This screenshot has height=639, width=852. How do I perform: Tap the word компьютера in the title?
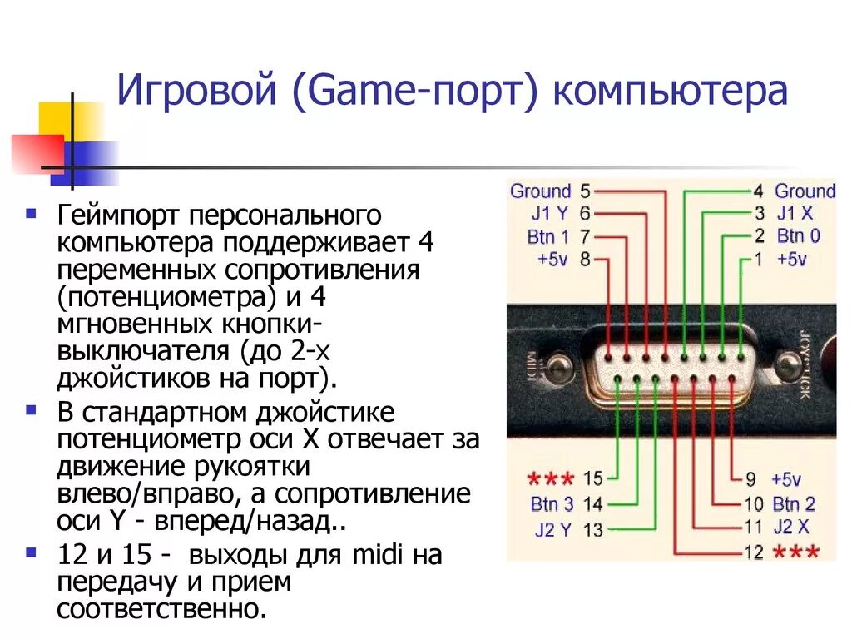[668, 92]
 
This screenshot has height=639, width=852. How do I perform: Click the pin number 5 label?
[586, 191]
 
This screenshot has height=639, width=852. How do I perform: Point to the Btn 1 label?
[548, 236]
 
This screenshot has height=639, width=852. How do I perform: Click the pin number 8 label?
[586, 259]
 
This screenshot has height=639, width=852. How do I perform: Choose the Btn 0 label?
[799, 236]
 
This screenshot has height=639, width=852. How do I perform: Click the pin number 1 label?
[758, 259]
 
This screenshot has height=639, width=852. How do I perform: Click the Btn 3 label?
[552, 503]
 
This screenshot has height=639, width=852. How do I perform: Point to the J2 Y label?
[553, 529]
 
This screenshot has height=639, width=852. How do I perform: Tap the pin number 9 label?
[749, 479]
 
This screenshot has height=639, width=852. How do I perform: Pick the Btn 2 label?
[794, 503]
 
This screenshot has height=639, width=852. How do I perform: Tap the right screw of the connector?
[785, 364]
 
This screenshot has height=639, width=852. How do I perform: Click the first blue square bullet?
[31, 214]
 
